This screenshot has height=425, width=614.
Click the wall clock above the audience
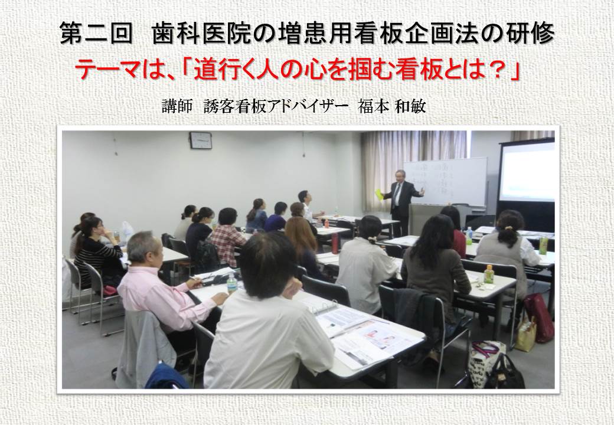point(201,140)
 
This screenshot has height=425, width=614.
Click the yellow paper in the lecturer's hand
point(379,195)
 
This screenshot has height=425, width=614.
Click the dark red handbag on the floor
point(539,317)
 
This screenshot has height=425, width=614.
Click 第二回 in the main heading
point(96,33)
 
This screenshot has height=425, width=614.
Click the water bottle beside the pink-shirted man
point(232,283)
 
